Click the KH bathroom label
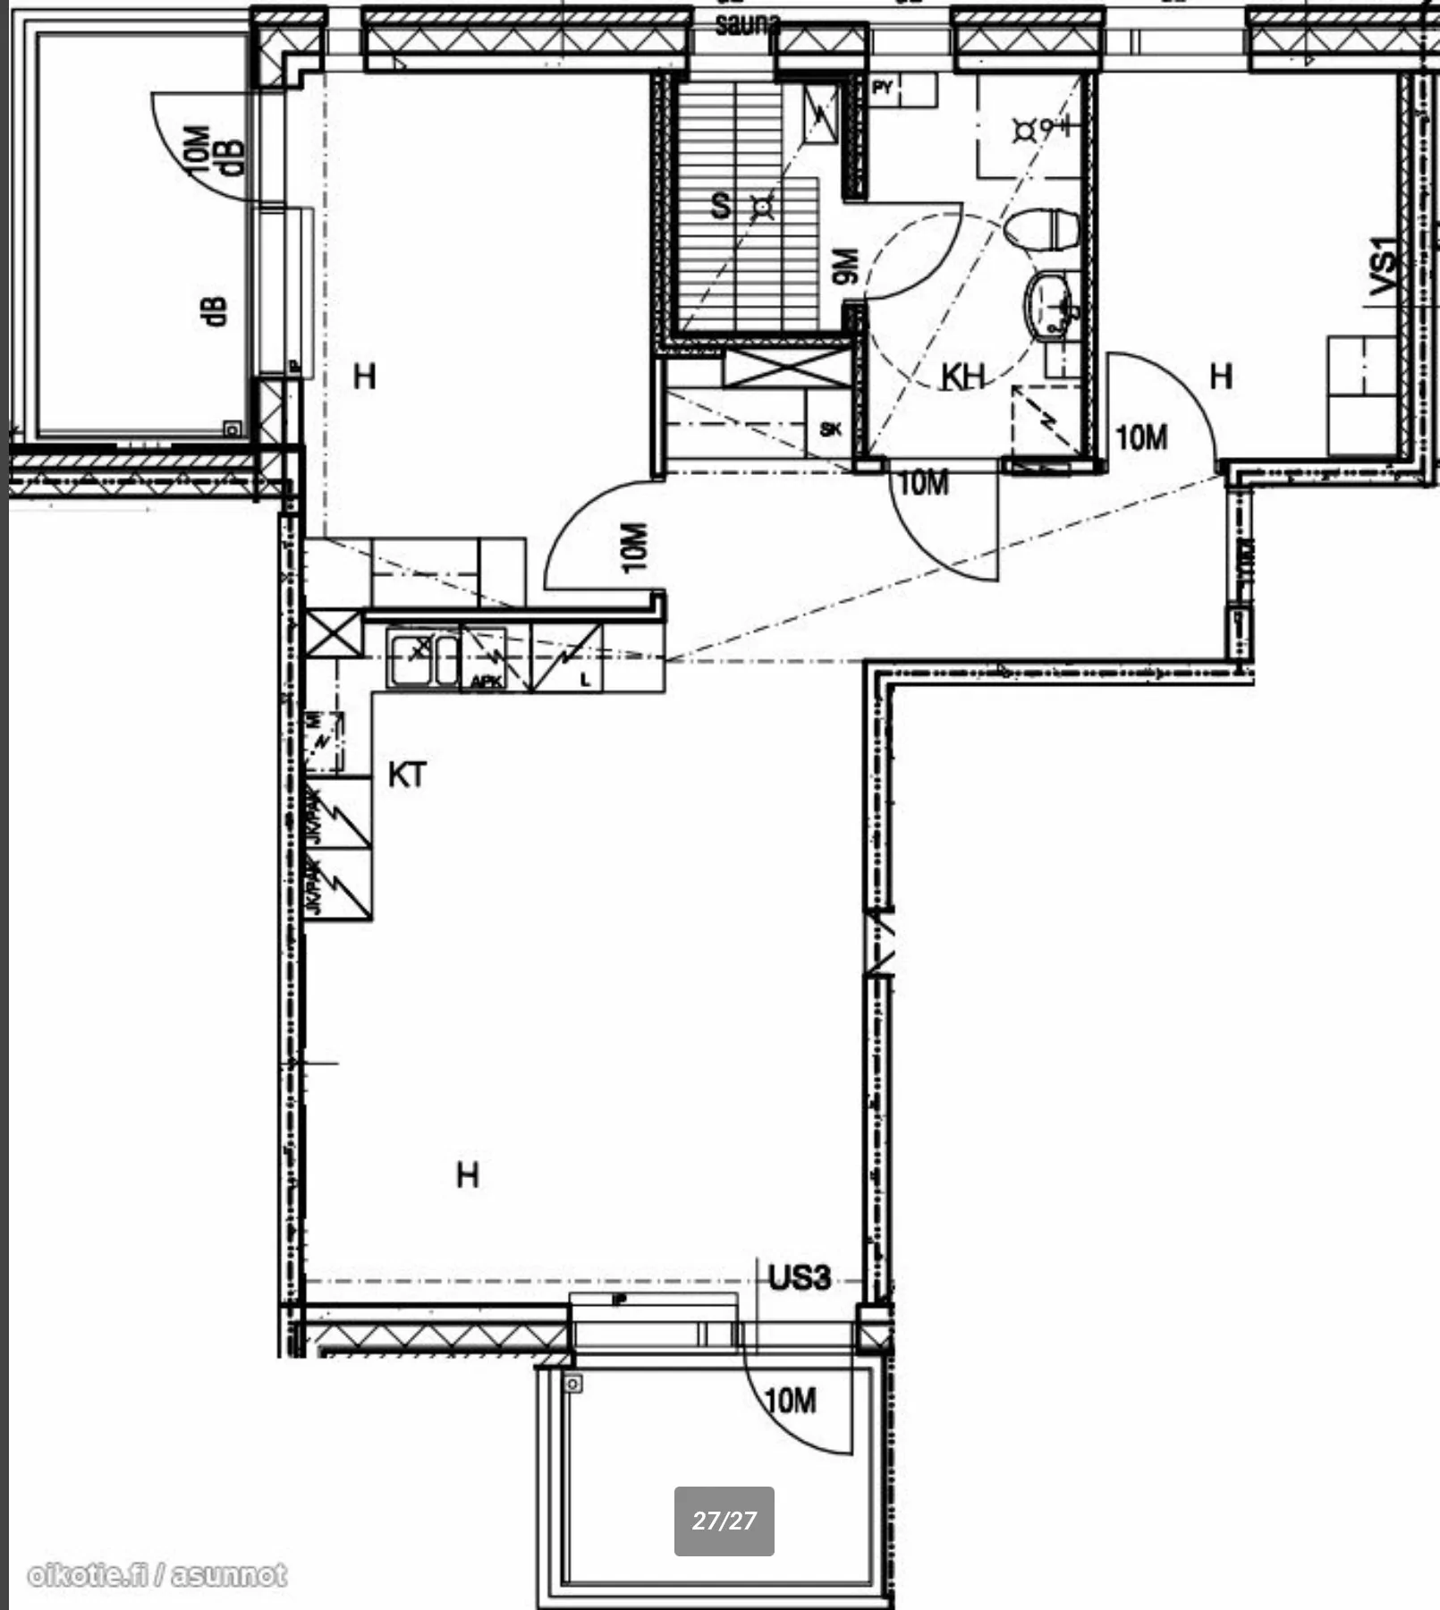click(962, 377)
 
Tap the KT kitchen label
click(407, 775)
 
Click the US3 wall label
click(800, 1277)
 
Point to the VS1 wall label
click(1382, 266)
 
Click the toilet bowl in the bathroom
click(1042, 229)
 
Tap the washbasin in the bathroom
click(1048, 305)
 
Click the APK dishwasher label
click(486, 681)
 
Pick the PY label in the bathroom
click(883, 88)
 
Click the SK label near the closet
click(830, 429)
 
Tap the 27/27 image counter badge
click(724, 1521)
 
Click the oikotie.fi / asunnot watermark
click(157, 1575)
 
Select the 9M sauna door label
click(843, 266)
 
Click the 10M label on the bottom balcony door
click(791, 1400)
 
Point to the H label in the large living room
click(468, 1174)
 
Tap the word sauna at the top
click(747, 24)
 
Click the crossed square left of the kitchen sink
click(335, 634)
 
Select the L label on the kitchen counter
click(585, 680)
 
